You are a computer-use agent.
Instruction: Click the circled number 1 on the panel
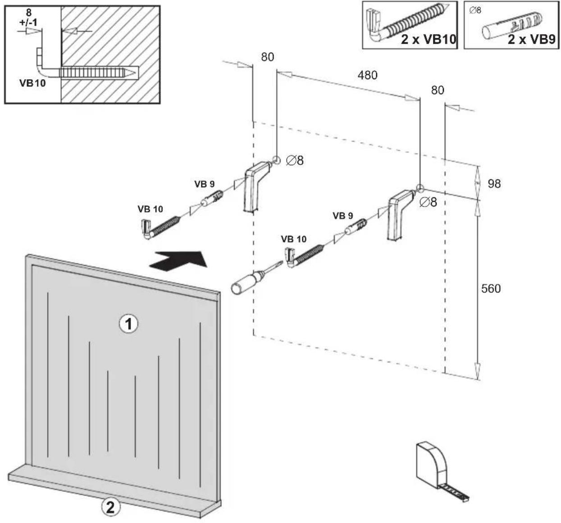[128, 324]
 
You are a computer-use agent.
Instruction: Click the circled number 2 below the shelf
[111, 507]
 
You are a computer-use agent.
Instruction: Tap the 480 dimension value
[367, 75]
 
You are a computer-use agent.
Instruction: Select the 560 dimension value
[491, 289]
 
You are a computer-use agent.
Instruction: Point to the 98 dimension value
[494, 184]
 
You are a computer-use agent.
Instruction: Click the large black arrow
[178, 260]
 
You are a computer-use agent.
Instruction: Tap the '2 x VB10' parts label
[428, 39]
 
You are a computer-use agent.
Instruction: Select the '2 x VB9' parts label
[532, 39]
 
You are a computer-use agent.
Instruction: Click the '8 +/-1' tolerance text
[28, 18]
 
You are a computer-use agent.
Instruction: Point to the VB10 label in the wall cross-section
[32, 83]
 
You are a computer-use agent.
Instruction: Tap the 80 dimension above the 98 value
[438, 90]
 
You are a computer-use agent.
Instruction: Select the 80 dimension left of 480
[267, 57]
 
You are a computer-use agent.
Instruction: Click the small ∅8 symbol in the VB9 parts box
[475, 10]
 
